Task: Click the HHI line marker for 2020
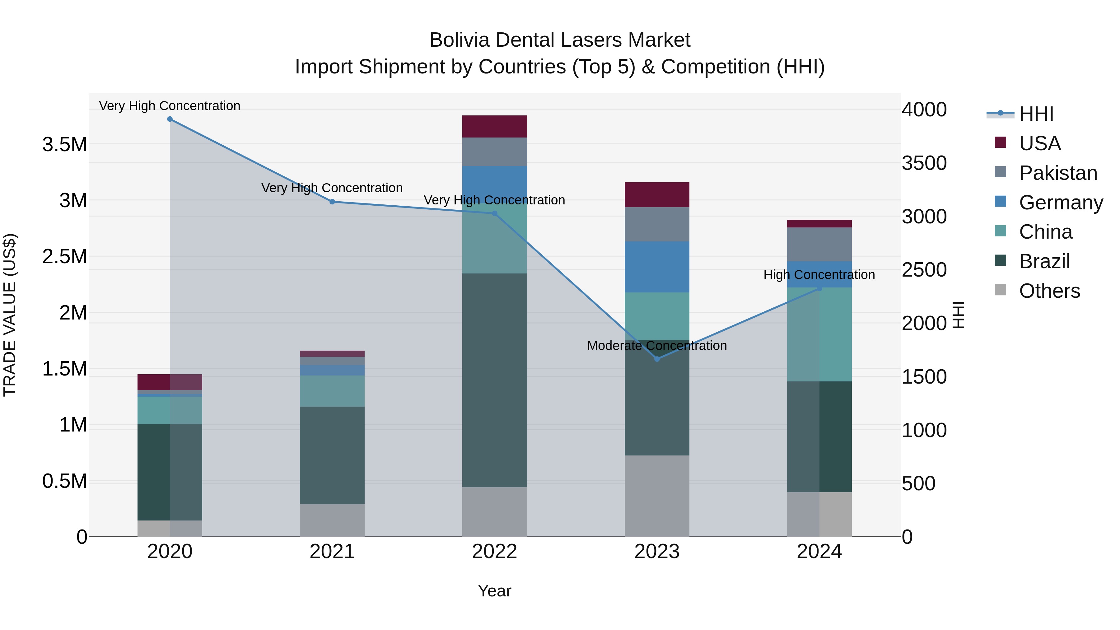170,119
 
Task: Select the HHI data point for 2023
657,359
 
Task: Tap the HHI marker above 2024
819,288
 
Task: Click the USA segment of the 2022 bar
494,127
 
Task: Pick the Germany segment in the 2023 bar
657,267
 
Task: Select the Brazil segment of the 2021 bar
332,455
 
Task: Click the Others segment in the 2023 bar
657,496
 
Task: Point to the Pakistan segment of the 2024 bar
819,244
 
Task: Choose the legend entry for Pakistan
1058,173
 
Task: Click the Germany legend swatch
1001,202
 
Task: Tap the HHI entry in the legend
1036,114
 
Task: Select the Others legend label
1049,291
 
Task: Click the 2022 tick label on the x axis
494,552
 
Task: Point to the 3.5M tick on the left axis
65,144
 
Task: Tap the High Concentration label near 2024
819,275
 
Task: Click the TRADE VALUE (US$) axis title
10,315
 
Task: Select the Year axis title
494,591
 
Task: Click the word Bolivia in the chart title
459,40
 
